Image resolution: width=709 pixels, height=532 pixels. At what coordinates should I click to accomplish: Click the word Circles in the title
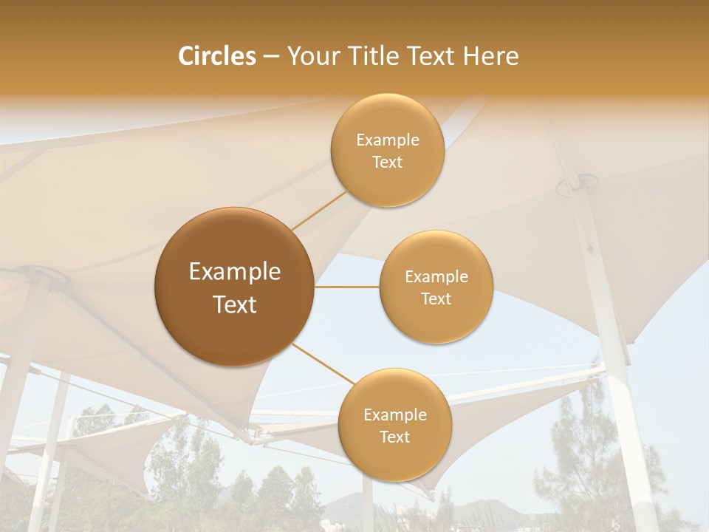[x=216, y=56]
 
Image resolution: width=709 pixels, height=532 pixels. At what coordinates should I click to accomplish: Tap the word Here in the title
[x=490, y=56]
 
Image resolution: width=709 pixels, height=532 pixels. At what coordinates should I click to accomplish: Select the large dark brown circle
[x=234, y=287]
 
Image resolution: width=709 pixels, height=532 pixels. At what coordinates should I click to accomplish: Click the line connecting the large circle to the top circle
[x=319, y=210]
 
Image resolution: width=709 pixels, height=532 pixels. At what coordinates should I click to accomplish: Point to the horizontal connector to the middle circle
[x=347, y=287]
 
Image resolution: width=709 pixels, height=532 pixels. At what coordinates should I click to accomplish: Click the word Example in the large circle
[x=234, y=272]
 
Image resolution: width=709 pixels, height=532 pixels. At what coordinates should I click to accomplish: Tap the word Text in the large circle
[x=234, y=304]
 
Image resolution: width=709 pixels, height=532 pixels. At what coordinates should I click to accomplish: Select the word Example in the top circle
[x=387, y=140]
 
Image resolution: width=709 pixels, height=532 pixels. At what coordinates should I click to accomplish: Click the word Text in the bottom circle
[x=394, y=437]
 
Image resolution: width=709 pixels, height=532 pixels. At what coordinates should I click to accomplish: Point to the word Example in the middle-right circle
[x=436, y=277]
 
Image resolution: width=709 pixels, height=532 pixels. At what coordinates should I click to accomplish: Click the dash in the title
[x=270, y=57]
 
